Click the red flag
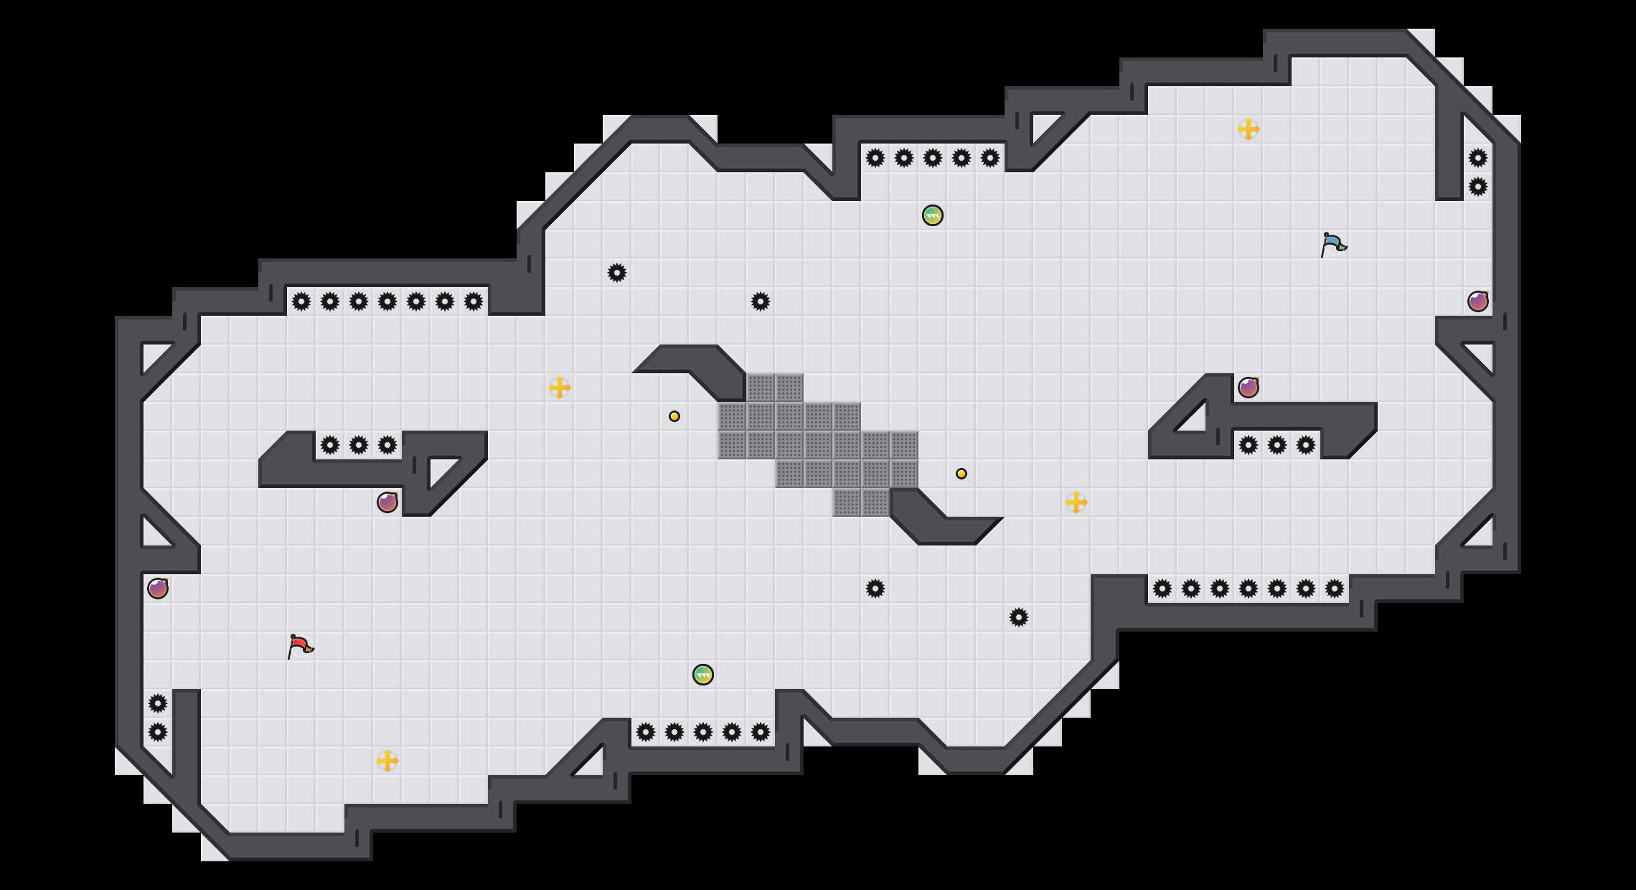coord(300,646)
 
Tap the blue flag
coord(1333,244)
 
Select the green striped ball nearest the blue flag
coord(933,215)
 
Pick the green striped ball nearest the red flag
coord(703,675)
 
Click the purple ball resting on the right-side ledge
coord(1249,388)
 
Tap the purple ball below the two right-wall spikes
coord(1478,301)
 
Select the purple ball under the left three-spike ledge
coord(387,502)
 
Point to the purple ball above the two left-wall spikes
coord(158,589)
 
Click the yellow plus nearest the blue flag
coord(1249,129)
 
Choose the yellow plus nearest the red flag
coord(387,761)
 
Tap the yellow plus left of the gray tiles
coord(560,388)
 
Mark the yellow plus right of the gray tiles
coord(1076,502)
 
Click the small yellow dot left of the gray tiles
coord(674,416)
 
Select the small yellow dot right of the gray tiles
coord(962,474)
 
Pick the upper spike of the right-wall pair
coord(1478,158)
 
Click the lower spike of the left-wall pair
coord(158,732)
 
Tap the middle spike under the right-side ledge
coord(1277,445)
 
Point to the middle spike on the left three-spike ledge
coord(359,445)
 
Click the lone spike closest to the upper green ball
coord(761,301)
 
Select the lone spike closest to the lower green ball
coord(875,589)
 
